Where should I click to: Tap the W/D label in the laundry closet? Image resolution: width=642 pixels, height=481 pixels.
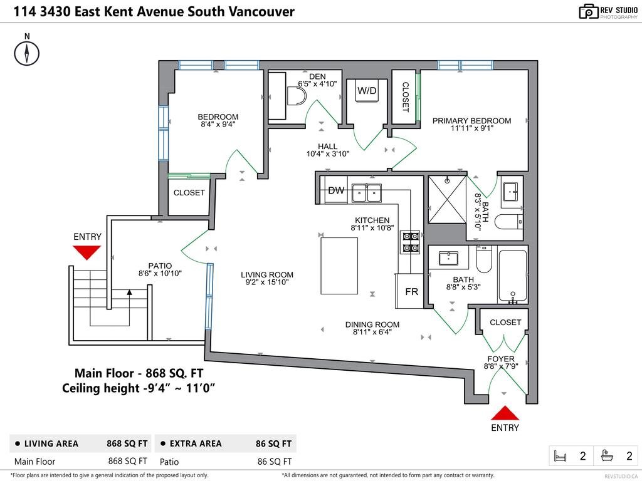[367, 91]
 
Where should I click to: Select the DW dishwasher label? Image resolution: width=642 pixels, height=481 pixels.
[336, 191]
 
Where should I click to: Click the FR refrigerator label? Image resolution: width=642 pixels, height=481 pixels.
[411, 292]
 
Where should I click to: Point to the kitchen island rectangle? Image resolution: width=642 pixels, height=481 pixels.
[339, 266]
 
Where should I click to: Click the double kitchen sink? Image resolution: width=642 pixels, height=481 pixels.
[367, 192]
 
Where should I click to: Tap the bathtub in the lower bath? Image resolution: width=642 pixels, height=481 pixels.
[513, 276]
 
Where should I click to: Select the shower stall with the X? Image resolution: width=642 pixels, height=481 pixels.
[447, 199]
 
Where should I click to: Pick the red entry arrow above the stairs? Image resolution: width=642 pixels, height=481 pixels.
[87, 252]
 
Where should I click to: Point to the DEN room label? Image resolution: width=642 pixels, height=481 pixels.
[318, 76]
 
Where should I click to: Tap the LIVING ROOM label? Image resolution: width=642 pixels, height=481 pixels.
[267, 274]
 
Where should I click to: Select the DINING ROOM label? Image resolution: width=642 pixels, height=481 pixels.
[372, 324]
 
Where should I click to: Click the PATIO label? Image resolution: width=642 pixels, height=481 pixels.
[160, 266]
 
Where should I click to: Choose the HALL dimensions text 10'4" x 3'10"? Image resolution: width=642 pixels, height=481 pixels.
[327, 153]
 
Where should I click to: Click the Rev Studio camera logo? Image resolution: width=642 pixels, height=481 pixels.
[589, 11]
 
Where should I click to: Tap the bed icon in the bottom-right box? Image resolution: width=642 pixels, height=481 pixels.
[560, 456]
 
